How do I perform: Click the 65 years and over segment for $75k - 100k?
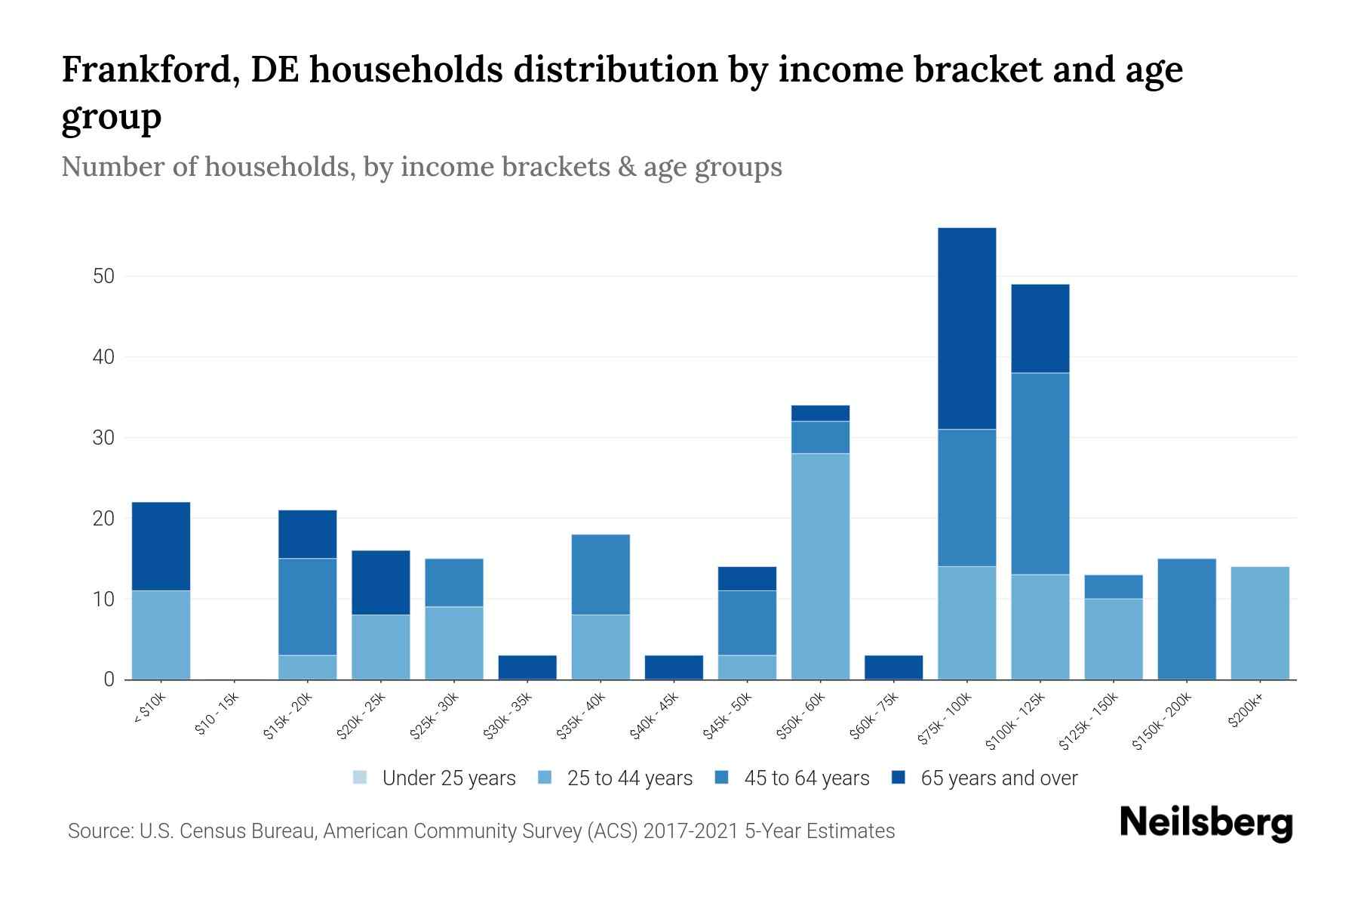click(x=966, y=328)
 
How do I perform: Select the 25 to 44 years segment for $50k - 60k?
click(x=820, y=566)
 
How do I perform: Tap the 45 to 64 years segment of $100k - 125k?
click(x=1040, y=473)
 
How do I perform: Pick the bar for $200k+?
click(x=1259, y=623)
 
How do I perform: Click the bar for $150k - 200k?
click(x=1186, y=619)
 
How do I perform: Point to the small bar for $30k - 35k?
click(x=527, y=667)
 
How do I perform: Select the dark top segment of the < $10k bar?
click(x=161, y=546)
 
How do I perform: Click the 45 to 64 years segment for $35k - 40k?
click(x=601, y=575)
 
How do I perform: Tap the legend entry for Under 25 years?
click(x=435, y=778)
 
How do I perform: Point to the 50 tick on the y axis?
click(x=103, y=276)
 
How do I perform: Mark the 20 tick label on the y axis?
click(x=103, y=519)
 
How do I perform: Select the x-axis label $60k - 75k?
click(x=874, y=717)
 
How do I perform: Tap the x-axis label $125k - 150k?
click(x=1090, y=723)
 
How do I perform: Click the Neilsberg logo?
click(x=1206, y=823)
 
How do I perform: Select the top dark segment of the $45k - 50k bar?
click(x=747, y=578)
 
